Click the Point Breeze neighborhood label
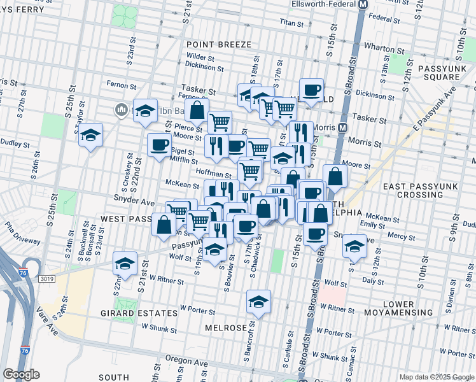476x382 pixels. coord(219,45)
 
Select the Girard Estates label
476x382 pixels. coord(139,313)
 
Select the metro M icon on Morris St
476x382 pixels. coord(343,127)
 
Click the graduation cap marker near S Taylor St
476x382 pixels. coord(91,135)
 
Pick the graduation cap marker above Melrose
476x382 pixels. coord(258,302)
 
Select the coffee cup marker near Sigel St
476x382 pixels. coord(158,145)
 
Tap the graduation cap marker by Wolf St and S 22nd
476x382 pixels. coord(125,264)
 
